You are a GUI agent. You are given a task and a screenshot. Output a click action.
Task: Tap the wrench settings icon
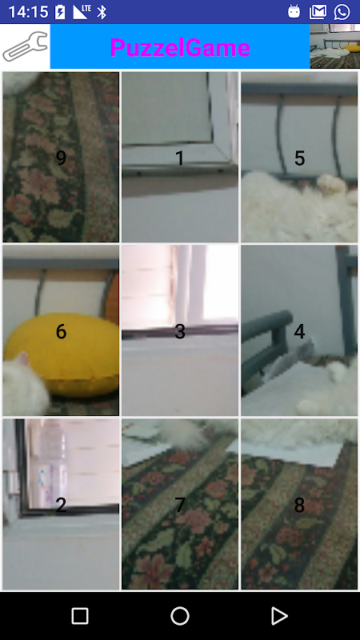coord(25,46)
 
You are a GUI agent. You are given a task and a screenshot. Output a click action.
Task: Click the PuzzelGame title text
coord(180,47)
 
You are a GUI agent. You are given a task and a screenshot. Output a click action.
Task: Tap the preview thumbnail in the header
coord(334,46)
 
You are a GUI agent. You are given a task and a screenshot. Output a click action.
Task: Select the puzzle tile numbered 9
coord(61,157)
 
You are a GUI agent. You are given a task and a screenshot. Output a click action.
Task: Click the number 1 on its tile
coord(179,158)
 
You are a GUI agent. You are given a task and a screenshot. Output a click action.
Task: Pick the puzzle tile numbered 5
coord(299,157)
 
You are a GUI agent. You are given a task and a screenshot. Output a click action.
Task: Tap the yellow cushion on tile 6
coord(66,353)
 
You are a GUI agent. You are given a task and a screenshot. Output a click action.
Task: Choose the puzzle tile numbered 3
coord(180,330)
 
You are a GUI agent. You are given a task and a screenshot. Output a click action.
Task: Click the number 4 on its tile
coord(299,331)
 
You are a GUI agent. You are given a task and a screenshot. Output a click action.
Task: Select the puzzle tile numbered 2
coord(61,504)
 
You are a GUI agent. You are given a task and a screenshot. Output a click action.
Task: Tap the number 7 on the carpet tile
coord(180,506)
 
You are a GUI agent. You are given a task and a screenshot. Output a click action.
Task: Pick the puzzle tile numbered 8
coord(299,504)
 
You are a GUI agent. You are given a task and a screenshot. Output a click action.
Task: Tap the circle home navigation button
coord(180,615)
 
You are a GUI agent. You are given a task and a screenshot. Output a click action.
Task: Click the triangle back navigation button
coord(279,615)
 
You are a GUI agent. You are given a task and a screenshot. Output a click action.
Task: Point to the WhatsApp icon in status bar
coord(342,11)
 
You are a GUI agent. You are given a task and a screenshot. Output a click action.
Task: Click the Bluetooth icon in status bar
coord(102,12)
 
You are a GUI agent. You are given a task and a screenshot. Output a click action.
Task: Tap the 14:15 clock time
coord(28,12)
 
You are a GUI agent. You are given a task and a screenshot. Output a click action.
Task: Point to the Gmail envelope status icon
coord(318,12)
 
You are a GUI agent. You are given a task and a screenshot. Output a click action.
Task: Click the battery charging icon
coord(60,12)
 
